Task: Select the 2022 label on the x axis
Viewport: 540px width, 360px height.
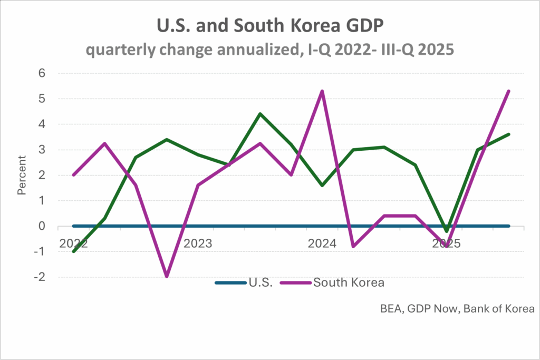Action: click(x=73, y=244)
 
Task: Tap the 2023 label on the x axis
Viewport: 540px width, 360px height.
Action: click(x=198, y=244)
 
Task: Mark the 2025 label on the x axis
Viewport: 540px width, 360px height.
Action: click(x=446, y=244)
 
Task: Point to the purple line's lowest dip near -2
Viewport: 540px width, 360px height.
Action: click(x=167, y=276)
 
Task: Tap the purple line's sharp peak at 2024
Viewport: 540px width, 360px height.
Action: click(x=322, y=91)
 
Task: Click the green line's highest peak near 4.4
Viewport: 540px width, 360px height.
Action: click(x=260, y=114)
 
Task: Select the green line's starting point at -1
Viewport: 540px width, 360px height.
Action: click(x=73, y=251)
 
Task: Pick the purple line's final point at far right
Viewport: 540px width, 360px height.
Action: click(x=508, y=91)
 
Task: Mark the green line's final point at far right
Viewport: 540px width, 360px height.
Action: click(x=508, y=134)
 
